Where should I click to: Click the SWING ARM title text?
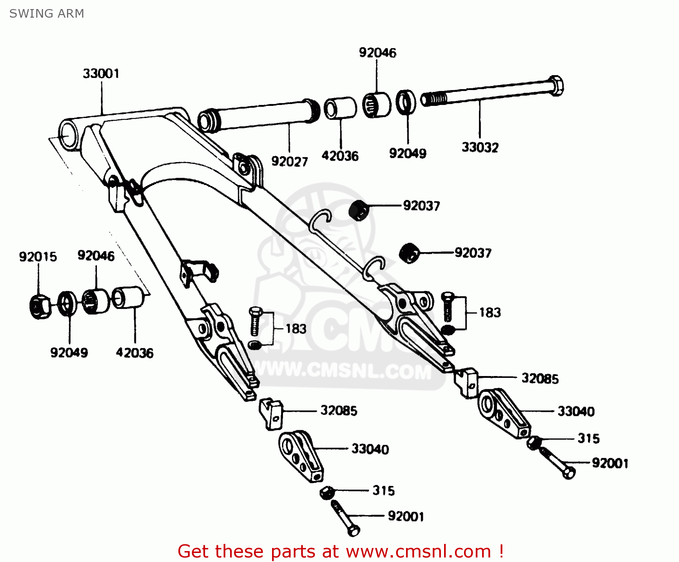pyautogui.click(x=47, y=14)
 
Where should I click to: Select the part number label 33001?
pyautogui.click(x=101, y=73)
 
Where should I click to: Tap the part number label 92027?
pyautogui.click(x=289, y=162)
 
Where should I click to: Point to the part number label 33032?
pyautogui.click(x=480, y=148)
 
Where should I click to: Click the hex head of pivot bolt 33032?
pyautogui.click(x=556, y=86)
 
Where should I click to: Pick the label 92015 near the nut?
pyautogui.click(x=38, y=257)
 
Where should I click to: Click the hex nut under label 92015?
pyautogui.click(x=39, y=306)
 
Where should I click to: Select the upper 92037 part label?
pyautogui.click(x=421, y=206)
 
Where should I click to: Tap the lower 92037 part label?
pyautogui.click(x=473, y=252)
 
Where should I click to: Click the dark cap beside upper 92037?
pyautogui.click(x=359, y=210)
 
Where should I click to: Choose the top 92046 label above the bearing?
pyautogui.click(x=378, y=52)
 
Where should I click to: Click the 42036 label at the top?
pyautogui.click(x=340, y=156)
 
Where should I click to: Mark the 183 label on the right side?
pyautogui.click(x=490, y=313)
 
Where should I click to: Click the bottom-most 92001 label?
pyautogui.click(x=406, y=516)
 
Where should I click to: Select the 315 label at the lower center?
pyautogui.click(x=383, y=491)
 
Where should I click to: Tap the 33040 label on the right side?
pyautogui.click(x=576, y=411)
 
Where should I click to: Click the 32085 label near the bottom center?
pyautogui.click(x=339, y=410)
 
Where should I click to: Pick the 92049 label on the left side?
pyautogui.click(x=69, y=352)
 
